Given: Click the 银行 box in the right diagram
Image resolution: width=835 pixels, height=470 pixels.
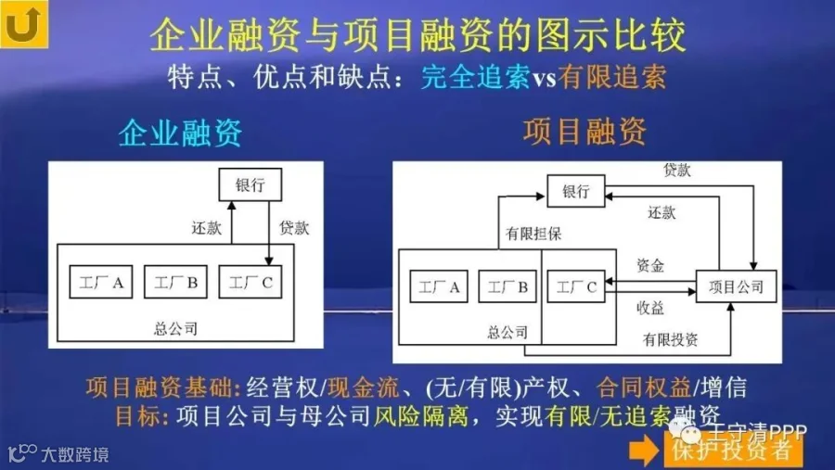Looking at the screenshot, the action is pyautogui.click(x=575, y=192).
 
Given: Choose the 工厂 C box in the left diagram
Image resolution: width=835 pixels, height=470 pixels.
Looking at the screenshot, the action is pyautogui.click(x=250, y=283).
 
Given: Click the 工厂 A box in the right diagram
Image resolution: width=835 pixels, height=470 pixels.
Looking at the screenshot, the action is pyautogui.click(x=439, y=287).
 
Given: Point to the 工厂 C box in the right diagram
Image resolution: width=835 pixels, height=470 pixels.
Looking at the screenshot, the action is pyautogui.click(x=575, y=287).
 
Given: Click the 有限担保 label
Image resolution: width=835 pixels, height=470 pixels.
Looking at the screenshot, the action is pyautogui.click(x=533, y=235).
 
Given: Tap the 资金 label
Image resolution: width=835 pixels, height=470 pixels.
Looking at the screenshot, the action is pyautogui.click(x=649, y=266).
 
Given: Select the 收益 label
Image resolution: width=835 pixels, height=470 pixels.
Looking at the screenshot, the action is pyautogui.click(x=649, y=307).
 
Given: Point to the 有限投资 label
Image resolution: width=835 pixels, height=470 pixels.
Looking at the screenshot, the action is pyautogui.click(x=670, y=339).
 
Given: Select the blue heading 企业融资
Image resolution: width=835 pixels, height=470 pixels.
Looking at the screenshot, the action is pyautogui.click(x=180, y=133).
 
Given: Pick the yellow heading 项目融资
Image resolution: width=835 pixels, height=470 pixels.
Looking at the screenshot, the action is pyautogui.click(x=584, y=131).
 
